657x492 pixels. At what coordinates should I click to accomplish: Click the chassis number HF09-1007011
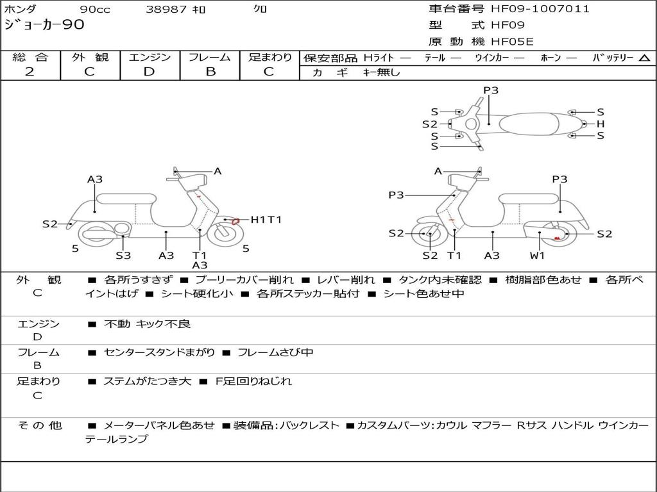click(x=540, y=9)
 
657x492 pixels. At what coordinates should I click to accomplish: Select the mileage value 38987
click(x=166, y=9)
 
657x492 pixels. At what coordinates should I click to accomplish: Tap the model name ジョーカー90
click(x=44, y=26)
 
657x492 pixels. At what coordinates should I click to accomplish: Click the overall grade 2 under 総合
click(x=30, y=72)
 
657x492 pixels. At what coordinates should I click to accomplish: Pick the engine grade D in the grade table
click(x=149, y=72)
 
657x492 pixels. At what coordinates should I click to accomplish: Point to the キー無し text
click(x=381, y=72)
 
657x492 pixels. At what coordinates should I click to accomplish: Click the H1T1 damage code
click(x=266, y=220)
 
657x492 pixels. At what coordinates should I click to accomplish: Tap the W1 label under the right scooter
click(x=537, y=256)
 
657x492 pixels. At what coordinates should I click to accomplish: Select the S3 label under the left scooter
click(x=123, y=256)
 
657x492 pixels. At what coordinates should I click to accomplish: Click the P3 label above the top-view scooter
click(x=491, y=90)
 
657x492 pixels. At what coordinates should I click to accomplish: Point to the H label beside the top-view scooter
click(x=601, y=124)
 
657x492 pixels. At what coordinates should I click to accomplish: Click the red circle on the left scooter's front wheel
click(x=235, y=221)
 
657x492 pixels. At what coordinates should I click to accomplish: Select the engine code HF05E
click(x=511, y=42)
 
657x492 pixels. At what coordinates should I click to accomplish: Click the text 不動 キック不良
click(x=147, y=324)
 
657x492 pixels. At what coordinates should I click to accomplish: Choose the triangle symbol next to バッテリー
click(x=644, y=58)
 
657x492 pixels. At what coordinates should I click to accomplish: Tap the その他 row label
click(x=39, y=425)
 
